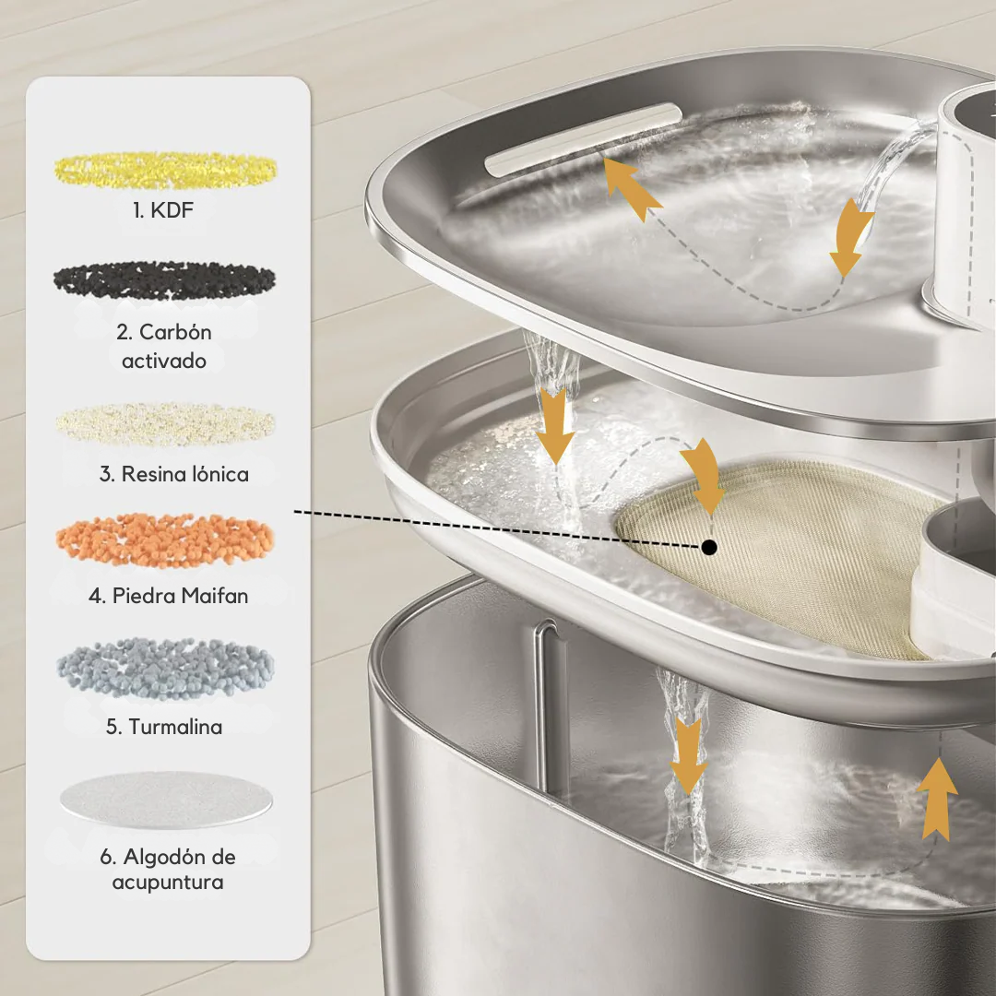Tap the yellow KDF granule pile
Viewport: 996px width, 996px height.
[166, 168]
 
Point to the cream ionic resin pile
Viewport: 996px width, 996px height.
[166, 422]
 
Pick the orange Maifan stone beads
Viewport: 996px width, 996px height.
[166, 540]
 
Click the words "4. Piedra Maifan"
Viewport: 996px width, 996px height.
[168, 596]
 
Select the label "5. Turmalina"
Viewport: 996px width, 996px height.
[164, 727]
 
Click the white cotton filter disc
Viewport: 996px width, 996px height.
[166, 799]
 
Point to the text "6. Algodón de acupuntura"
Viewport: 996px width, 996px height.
[167, 869]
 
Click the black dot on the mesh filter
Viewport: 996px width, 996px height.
[708, 547]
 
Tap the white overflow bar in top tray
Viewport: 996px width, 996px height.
[583, 137]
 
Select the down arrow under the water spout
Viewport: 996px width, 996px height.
[849, 242]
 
